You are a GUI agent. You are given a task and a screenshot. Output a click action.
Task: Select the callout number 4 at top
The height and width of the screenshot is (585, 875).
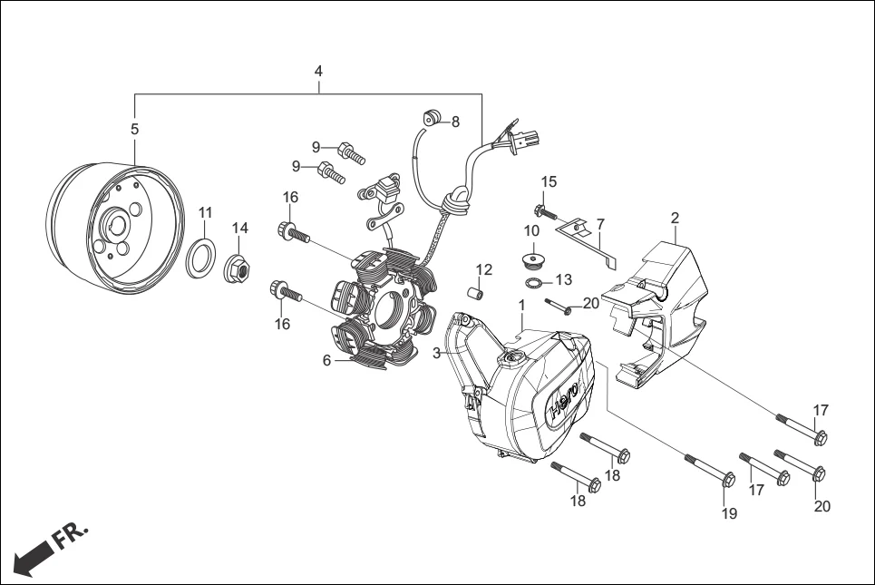click(318, 71)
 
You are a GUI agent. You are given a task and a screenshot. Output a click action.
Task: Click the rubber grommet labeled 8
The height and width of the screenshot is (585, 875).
click(432, 117)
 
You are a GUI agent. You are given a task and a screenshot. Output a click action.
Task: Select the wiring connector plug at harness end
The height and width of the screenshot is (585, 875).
click(528, 139)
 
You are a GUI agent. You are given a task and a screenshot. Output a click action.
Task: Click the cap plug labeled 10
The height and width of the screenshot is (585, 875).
click(533, 261)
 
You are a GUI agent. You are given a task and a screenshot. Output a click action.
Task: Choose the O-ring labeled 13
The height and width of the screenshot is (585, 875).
click(536, 284)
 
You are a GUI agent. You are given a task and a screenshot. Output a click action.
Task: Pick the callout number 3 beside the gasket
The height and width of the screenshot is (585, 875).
click(436, 352)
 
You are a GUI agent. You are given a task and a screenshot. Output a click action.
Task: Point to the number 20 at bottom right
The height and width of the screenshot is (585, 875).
click(822, 506)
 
